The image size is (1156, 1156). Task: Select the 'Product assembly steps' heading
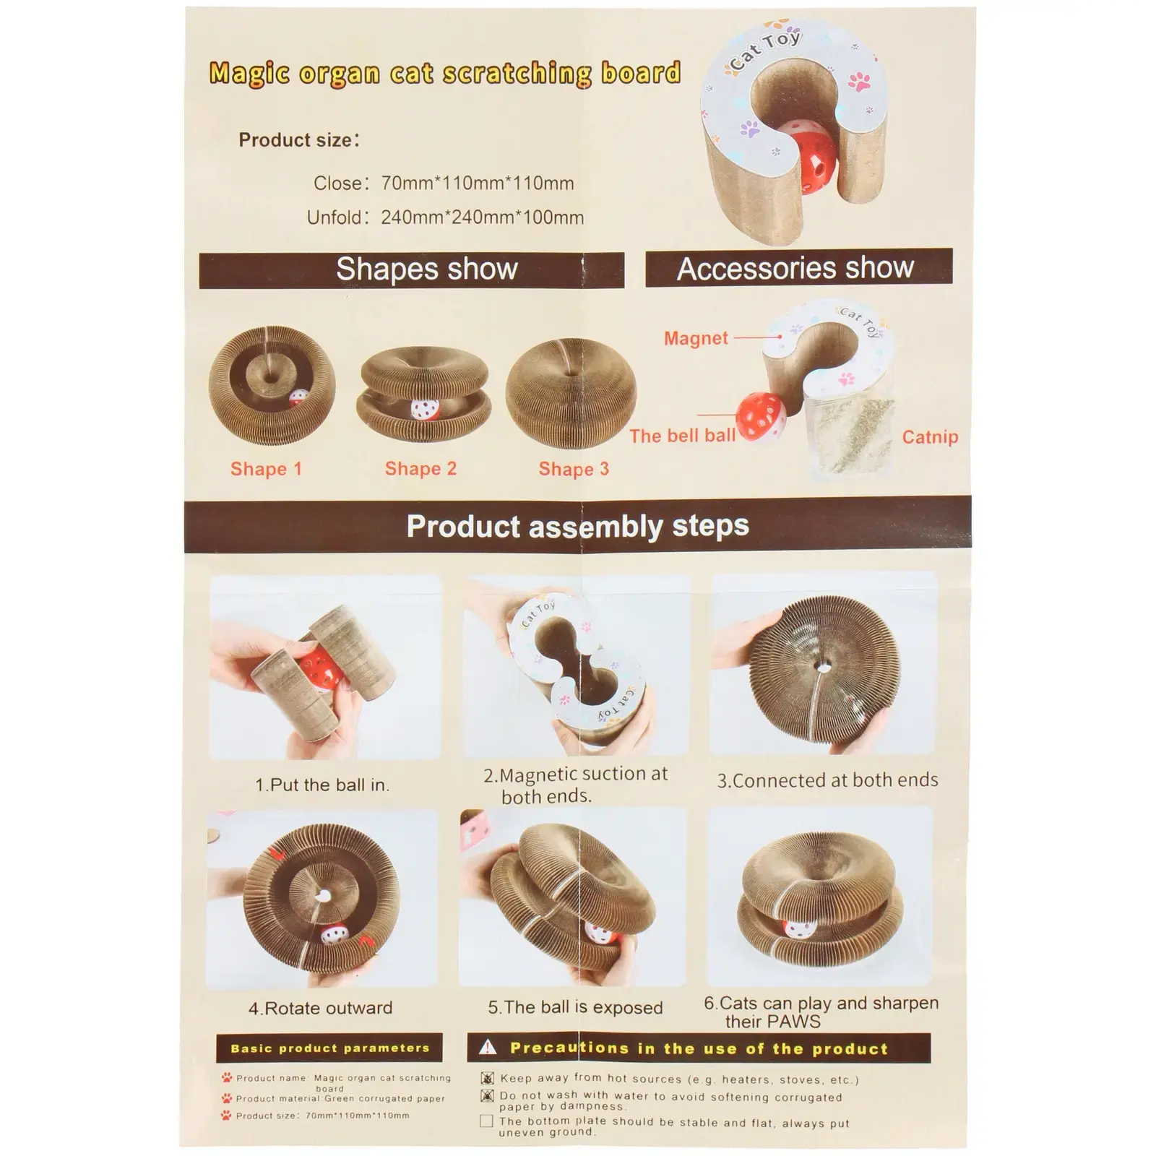click(577, 526)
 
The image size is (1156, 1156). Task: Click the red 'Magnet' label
click(696, 338)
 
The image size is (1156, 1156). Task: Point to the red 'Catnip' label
click(930, 437)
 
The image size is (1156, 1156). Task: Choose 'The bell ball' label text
click(682, 436)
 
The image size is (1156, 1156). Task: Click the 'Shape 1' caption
click(266, 469)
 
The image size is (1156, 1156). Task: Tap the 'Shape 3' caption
click(574, 469)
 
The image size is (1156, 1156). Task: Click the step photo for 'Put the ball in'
click(324, 667)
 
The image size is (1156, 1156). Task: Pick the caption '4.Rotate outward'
click(321, 1008)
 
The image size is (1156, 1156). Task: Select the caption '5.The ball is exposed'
click(575, 1007)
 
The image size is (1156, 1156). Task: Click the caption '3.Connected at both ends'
click(827, 780)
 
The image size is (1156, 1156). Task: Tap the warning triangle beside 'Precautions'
click(488, 1047)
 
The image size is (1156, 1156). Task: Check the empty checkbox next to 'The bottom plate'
click(486, 1121)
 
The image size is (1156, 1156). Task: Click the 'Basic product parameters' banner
click(329, 1048)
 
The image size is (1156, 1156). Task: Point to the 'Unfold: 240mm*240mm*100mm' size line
click(445, 217)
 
